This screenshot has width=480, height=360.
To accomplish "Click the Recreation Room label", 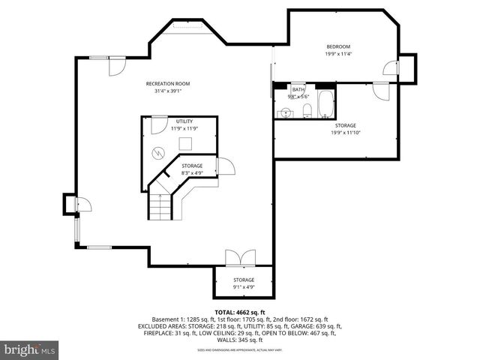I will tap(167, 83).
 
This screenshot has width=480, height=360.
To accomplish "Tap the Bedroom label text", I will tap(338, 46).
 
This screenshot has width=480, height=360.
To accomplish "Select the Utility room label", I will tap(184, 121).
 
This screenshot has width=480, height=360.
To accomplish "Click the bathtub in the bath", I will tap(325, 104).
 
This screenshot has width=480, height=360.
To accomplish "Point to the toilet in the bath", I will tap(306, 112).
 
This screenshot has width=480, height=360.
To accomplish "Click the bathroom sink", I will tap(283, 112).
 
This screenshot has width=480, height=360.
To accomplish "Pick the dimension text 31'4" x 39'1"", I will tap(167, 91).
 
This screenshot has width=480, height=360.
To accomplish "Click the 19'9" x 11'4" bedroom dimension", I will tap(338, 54).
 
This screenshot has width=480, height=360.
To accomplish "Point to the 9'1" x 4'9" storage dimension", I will tap(243, 287).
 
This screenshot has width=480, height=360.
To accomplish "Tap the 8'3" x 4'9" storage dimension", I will tap(192, 172).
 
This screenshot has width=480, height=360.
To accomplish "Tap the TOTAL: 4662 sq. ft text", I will tap(239, 312).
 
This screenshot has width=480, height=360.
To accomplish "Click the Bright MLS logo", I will tap(30, 349).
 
